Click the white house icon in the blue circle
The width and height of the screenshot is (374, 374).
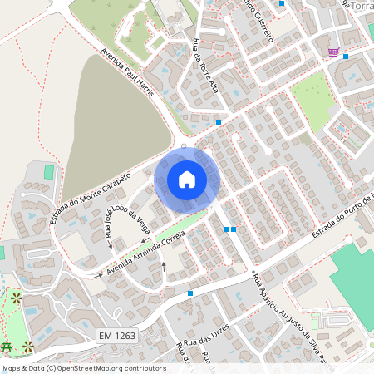coord(187,180)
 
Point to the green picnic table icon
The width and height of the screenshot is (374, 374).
coord(7,346)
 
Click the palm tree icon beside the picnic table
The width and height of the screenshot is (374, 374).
coord(28,346)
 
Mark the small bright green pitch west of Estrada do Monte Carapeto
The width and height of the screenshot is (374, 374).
coord(49,171)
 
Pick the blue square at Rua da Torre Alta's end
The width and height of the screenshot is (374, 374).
coord(219,122)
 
